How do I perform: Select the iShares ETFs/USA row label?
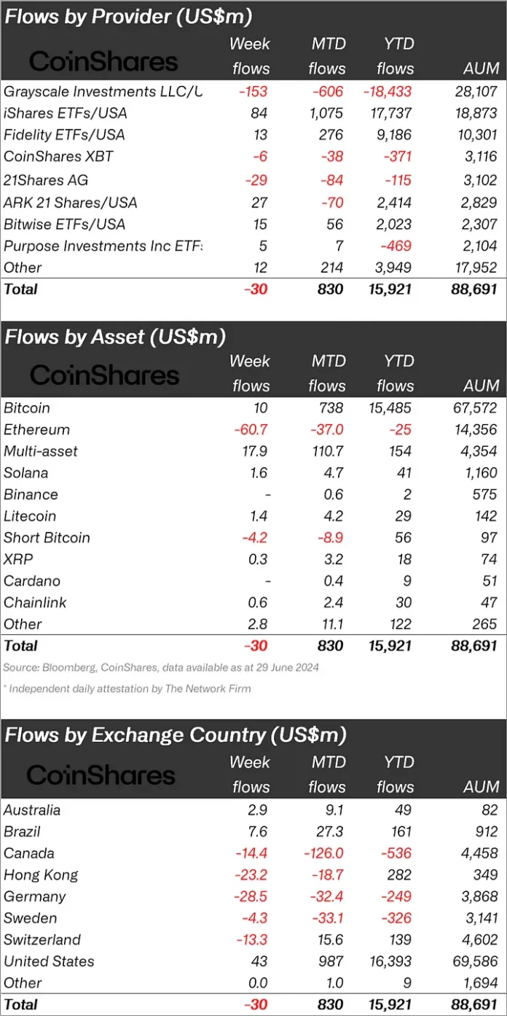click(x=65, y=114)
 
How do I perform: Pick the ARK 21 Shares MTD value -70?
click(x=331, y=202)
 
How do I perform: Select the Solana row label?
click(x=25, y=473)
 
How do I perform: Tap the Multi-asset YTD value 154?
click(x=398, y=451)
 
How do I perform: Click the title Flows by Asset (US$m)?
click(x=115, y=337)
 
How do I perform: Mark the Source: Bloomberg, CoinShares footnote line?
click(x=160, y=668)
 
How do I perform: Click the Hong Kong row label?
click(x=41, y=875)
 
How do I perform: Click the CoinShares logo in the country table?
click(x=101, y=775)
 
